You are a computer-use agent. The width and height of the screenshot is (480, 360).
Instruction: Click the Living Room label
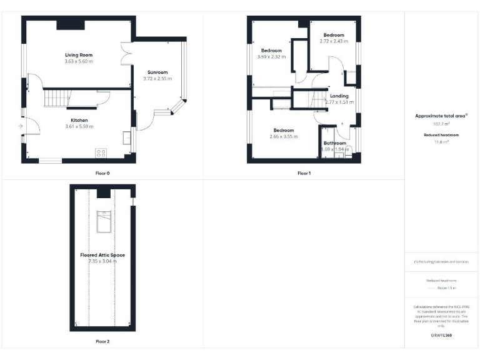click(x=79, y=55)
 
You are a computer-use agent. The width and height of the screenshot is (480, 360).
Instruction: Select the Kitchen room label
click(x=79, y=120)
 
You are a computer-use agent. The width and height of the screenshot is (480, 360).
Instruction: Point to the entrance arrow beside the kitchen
click(x=21, y=127)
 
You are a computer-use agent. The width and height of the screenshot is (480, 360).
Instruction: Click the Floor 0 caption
click(x=79, y=172)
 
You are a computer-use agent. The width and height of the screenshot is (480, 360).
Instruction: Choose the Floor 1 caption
click(x=304, y=172)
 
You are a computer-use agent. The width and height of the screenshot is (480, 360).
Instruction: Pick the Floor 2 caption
click(x=102, y=342)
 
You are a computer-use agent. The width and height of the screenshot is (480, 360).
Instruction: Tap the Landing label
click(x=339, y=96)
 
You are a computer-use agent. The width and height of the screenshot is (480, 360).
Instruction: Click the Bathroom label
click(x=335, y=143)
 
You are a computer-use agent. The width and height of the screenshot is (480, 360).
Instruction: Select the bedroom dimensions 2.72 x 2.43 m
click(x=331, y=41)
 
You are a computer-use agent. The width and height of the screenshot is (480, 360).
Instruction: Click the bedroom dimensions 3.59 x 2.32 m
click(x=271, y=57)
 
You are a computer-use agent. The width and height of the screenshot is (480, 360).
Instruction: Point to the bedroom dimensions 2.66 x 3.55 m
click(x=282, y=137)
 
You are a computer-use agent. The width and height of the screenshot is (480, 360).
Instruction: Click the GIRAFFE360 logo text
click(x=441, y=336)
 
